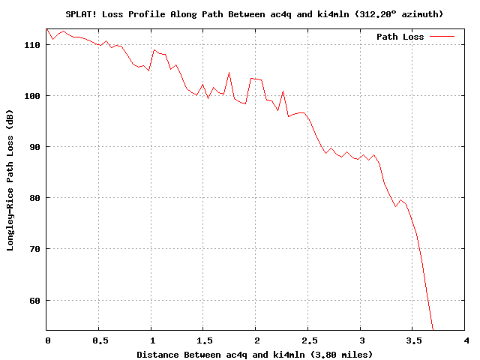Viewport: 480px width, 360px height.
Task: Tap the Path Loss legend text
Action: [400, 37]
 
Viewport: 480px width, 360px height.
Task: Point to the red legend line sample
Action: [442, 37]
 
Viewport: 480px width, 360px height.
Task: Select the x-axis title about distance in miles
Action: [254, 353]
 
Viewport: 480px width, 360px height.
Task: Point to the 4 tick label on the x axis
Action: [465, 340]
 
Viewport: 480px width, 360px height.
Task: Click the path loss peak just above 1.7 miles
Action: [229, 73]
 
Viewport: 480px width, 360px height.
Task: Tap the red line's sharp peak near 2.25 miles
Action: [283, 91]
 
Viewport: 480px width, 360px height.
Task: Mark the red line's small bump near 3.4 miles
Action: [401, 199]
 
